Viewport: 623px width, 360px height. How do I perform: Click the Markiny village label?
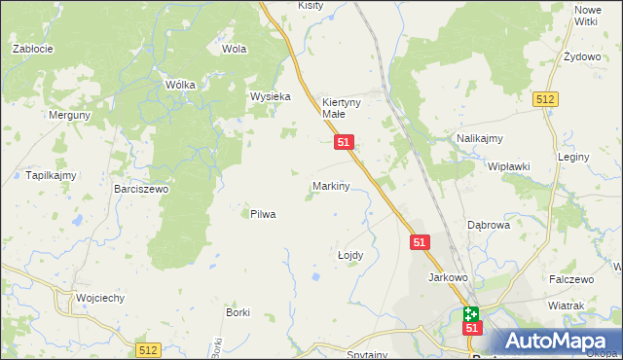click(330, 185)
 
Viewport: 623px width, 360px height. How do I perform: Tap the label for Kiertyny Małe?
click(342, 107)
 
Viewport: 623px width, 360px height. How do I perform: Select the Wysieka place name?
click(271, 97)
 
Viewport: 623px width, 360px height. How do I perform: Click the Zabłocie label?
click(31, 48)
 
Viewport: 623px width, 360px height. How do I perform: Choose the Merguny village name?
click(70, 115)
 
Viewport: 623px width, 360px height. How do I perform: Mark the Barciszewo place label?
click(141, 190)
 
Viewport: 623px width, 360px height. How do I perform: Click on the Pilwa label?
click(263, 214)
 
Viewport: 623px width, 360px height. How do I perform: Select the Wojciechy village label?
click(100, 299)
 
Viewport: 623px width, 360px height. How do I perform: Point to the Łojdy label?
click(349, 255)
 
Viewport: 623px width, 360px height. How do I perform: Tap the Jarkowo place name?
click(449, 277)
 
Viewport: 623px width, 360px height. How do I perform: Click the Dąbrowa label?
click(489, 225)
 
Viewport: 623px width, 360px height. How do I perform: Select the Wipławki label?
click(508, 166)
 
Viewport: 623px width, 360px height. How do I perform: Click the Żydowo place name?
click(582, 57)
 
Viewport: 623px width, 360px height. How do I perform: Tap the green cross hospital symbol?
click(471, 314)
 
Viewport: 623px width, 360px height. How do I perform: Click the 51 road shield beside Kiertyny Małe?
click(344, 142)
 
